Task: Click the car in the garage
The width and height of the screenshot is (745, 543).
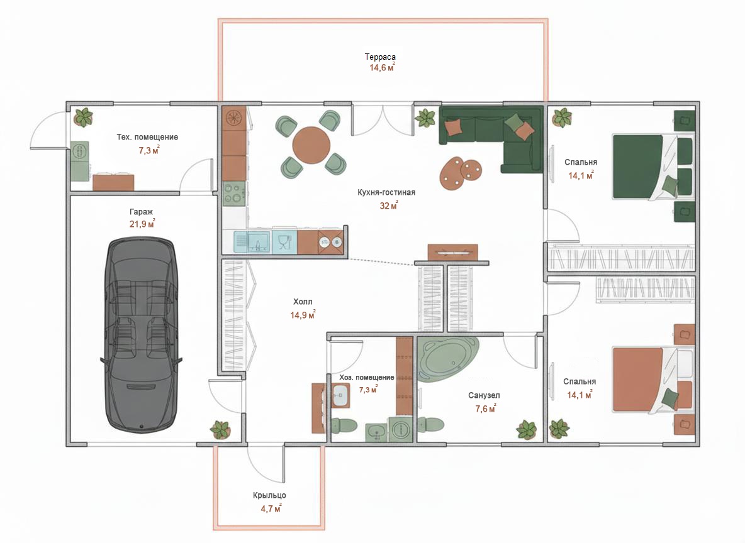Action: click(141, 334)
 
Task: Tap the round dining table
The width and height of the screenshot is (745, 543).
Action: click(311, 145)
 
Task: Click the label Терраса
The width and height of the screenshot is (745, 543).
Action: click(380, 57)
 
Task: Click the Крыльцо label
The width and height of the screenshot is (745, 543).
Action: click(269, 495)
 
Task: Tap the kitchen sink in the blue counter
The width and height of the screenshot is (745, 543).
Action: click(258, 241)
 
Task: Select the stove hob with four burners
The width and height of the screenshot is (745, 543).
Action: click(234, 194)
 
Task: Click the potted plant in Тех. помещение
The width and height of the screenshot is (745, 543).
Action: click(84, 117)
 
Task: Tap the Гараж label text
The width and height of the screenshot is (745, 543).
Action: click(141, 212)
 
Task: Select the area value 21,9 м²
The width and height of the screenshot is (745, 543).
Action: click(142, 224)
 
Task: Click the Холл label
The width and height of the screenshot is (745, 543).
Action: click(303, 302)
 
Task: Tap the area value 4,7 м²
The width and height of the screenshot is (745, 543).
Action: click(271, 508)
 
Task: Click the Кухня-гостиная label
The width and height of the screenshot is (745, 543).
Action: click(386, 192)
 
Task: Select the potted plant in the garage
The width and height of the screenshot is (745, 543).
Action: click(220, 430)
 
